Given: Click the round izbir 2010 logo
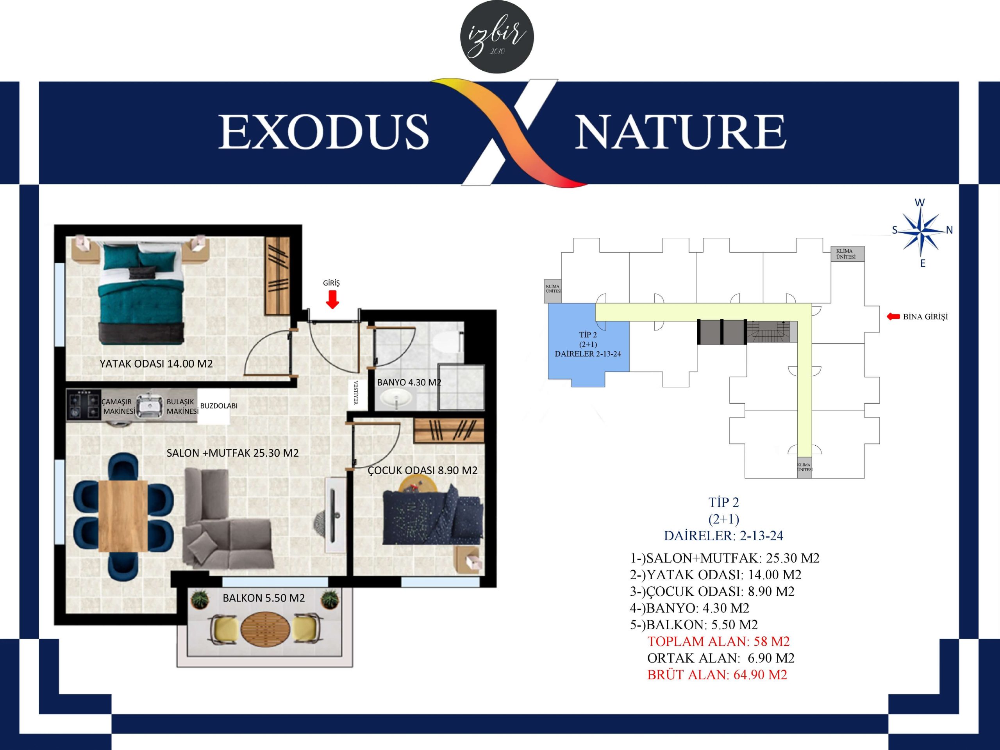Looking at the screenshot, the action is [497, 37].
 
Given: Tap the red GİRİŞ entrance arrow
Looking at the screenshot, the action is [332, 299].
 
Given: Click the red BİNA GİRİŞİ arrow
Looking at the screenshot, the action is [893, 316].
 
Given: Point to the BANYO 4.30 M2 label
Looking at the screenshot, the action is [409, 382].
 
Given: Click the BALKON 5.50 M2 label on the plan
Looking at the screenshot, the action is [264, 598].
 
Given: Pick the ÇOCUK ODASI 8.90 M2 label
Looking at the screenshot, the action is [422, 470].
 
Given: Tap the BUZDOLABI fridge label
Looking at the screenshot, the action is [219, 405].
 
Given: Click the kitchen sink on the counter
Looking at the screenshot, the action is [150, 405].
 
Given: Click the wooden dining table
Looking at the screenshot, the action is [123, 516].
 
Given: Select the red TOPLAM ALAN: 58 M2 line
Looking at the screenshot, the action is [718, 641].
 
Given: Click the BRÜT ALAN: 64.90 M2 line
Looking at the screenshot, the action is [717, 675].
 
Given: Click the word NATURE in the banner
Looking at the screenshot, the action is [680, 132].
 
